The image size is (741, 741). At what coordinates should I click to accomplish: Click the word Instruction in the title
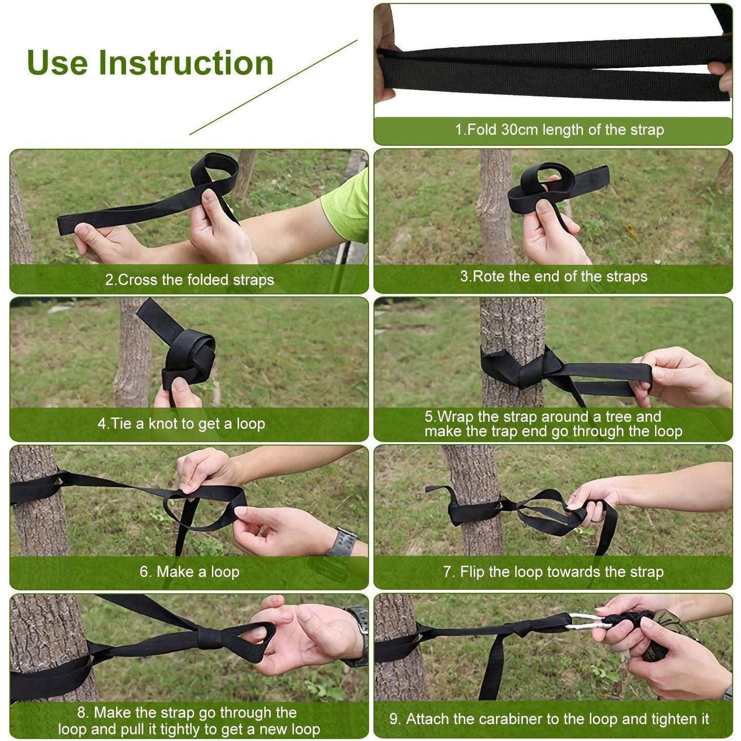[186, 63]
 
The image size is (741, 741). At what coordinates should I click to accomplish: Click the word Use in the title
[57, 63]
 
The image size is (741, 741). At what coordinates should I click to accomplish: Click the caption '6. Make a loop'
[189, 572]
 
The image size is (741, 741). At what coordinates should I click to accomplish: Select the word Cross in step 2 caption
[137, 280]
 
